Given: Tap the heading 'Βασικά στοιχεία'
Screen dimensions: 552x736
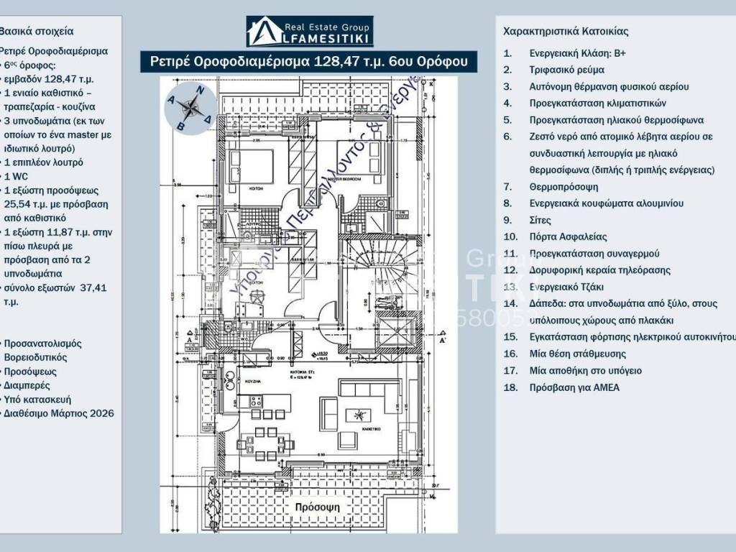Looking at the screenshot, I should click(x=37, y=32).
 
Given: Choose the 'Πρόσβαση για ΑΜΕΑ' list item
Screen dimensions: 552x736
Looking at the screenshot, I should click(x=574, y=387).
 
